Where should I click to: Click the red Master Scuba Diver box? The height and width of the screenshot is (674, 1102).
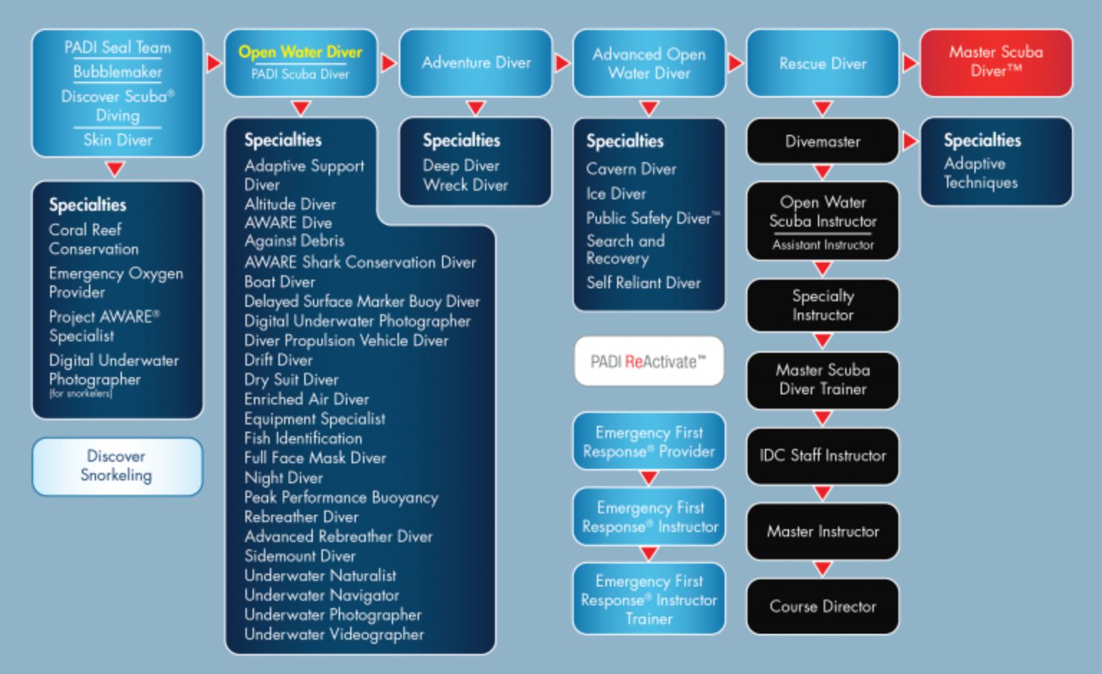tap(996, 62)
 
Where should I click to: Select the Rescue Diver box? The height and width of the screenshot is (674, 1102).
tap(822, 63)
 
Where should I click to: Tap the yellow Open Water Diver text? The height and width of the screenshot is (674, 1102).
tap(300, 52)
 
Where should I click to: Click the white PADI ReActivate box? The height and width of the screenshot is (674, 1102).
tap(649, 361)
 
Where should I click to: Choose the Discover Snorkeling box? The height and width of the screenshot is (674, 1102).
tap(117, 466)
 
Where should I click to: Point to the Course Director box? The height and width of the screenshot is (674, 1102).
tap(822, 607)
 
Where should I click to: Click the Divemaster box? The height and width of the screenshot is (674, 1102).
tap(822, 141)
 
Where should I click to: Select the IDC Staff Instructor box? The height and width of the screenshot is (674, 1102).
tap(822, 455)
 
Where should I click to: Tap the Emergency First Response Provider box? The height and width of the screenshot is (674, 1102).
tap(649, 442)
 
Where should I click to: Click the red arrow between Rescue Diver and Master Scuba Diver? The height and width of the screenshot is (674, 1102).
tap(910, 63)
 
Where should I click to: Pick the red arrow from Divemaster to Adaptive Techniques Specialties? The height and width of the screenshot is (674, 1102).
tap(910, 141)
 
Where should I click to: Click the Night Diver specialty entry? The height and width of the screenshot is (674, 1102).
tap(283, 478)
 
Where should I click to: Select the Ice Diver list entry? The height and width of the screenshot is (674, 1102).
tap(616, 194)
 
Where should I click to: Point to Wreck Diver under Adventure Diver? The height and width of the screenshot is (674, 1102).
tap(465, 185)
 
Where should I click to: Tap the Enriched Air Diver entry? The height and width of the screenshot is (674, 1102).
tap(306, 399)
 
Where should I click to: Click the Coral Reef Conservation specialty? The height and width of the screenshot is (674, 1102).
tap(93, 239)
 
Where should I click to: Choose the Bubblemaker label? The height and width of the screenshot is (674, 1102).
tap(118, 72)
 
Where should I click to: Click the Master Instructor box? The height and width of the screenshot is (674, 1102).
tap(822, 531)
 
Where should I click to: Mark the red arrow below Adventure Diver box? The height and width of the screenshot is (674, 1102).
tap(476, 108)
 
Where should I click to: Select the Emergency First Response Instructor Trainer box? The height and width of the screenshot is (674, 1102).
tap(649, 599)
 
